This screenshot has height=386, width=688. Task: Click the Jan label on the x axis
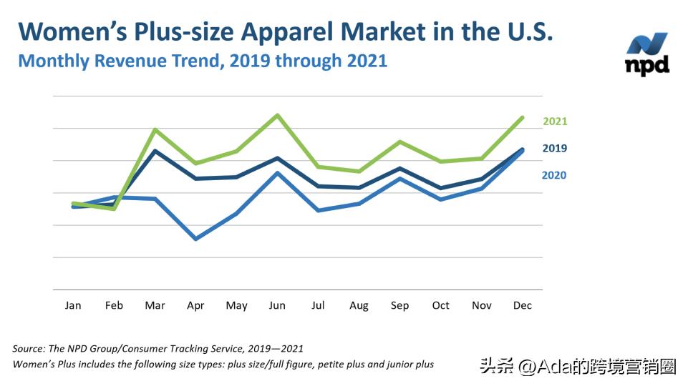tap(73, 305)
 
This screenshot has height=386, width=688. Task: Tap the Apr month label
tap(195, 305)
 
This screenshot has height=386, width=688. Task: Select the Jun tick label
tap(277, 305)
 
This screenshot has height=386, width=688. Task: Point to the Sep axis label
tap(399, 305)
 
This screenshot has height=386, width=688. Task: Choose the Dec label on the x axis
tap(523, 305)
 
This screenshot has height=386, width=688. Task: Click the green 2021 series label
tap(555, 122)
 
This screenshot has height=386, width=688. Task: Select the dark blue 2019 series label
tap(555, 149)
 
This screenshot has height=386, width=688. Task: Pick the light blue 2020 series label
tap(554, 175)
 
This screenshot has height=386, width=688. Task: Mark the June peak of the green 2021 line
tap(278, 115)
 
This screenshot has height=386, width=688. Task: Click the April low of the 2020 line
tap(195, 239)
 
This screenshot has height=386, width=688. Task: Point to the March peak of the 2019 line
tap(155, 151)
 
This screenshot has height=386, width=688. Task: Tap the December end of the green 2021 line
tap(523, 117)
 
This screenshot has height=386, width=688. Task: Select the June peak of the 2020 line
tap(278, 172)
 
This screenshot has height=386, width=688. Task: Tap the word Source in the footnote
tap(29, 349)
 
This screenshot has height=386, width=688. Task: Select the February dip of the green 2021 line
tap(114, 209)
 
